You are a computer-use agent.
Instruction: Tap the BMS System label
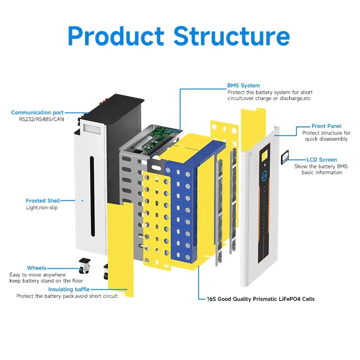pyautogui.click(x=243, y=85)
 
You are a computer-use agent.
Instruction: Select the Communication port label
pyautogui.click(x=37, y=112)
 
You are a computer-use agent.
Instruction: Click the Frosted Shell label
pyautogui.click(x=43, y=201)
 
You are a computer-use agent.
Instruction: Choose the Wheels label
pyautogui.click(x=36, y=268)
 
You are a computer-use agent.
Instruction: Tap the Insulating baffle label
pyautogui.click(x=69, y=289)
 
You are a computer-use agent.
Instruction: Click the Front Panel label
pyautogui.click(x=326, y=126)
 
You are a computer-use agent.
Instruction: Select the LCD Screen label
pyautogui.click(x=321, y=160)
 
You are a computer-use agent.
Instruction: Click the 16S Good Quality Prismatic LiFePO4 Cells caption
pyautogui.click(x=261, y=299)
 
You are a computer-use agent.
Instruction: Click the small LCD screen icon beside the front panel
pyautogui.click(x=284, y=158)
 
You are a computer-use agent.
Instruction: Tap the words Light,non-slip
pyautogui.click(x=42, y=207)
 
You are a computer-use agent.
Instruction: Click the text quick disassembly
pyautogui.click(x=325, y=139)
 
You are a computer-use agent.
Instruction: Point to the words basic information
pyautogui.click(x=322, y=172)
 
